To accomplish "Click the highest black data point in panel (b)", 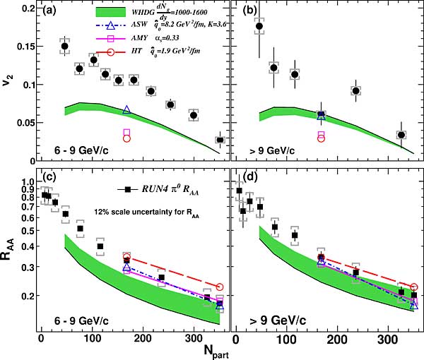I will click(x=259, y=27).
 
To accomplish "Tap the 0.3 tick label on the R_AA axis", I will click(x=25, y=267).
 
